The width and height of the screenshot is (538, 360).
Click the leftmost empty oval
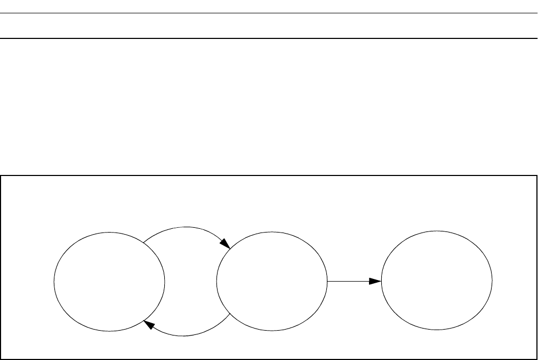coord(109,282)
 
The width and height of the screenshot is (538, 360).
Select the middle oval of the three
coord(272,282)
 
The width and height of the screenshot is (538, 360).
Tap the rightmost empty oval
coord(437,281)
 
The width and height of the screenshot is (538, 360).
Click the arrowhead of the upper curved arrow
coord(226,244)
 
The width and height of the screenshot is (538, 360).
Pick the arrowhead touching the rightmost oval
coord(376,281)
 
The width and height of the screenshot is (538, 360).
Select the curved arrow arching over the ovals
coord(184,228)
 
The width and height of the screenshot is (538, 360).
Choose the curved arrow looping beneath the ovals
coord(184,335)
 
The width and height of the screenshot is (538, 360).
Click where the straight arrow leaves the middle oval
coord(327,281)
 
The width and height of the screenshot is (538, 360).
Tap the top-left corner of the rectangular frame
coord(1,175)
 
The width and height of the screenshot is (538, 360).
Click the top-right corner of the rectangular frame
coord(536,175)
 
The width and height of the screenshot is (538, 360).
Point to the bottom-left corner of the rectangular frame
coord(1,358)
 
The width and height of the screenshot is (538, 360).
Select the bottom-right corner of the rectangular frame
coord(536,358)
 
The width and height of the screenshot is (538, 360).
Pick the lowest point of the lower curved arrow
coord(184,336)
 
